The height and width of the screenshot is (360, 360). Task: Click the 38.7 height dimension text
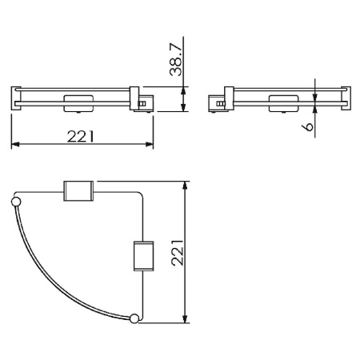[178, 57]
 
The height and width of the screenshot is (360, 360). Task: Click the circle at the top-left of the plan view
[16, 200]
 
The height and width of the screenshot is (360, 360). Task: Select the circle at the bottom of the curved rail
[134, 318]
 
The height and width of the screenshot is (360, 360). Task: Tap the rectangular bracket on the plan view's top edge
[78, 193]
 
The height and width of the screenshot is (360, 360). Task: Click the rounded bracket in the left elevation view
[77, 102]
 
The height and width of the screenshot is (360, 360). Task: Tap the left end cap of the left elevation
[15, 98]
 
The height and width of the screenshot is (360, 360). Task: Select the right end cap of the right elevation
[346, 98]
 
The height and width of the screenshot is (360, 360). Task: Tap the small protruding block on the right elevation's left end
[216, 103]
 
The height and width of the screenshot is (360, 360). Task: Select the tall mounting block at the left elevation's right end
[135, 98]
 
